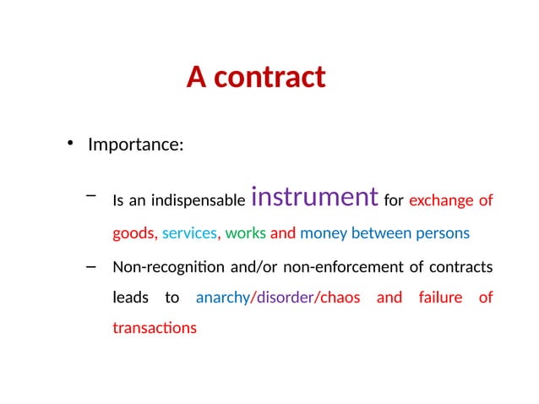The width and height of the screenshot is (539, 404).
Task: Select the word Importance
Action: click(133, 145)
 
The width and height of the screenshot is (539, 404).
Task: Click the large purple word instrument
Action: click(314, 197)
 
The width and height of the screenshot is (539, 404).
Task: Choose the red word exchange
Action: click(438, 201)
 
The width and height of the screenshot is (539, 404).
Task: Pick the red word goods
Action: click(133, 233)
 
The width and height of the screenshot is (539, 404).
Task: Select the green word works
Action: click(246, 233)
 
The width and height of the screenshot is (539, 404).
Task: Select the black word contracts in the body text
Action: click(461, 268)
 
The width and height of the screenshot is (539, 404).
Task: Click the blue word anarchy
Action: click(222, 298)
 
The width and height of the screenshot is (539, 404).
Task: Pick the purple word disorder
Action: click(283, 298)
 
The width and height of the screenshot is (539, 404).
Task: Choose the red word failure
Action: click(440, 298)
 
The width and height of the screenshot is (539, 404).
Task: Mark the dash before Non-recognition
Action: click(90, 266)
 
